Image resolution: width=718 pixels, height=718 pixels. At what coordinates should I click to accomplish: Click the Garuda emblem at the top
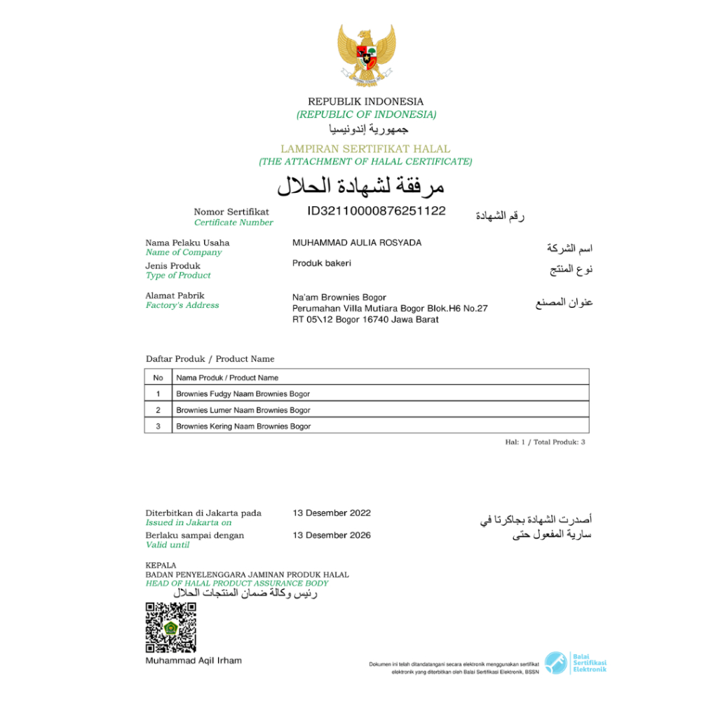pyautogui.click(x=366, y=54)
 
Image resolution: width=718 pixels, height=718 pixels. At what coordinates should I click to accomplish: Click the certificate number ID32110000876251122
pyautogui.click(x=377, y=210)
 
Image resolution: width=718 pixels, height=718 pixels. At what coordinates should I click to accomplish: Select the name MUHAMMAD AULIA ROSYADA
pyautogui.click(x=357, y=243)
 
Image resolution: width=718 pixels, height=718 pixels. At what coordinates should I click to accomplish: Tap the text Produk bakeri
pyautogui.click(x=321, y=263)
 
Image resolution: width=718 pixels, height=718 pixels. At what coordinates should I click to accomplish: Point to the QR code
pyautogui.click(x=170, y=627)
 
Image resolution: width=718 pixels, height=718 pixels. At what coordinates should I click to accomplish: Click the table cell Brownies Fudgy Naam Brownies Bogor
pyautogui.click(x=243, y=394)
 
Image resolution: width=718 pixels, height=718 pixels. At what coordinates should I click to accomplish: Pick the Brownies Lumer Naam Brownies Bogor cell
pyautogui.click(x=243, y=410)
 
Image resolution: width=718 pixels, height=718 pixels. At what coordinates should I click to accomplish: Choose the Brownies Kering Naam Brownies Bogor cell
pyautogui.click(x=243, y=426)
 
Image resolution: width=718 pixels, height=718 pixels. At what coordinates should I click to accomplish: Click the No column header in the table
pyautogui.click(x=158, y=378)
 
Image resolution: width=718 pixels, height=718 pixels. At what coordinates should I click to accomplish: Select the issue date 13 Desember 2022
pyautogui.click(x=332, y=513)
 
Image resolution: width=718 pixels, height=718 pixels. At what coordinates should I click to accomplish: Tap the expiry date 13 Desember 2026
pyautogui.click(x=332, y=536)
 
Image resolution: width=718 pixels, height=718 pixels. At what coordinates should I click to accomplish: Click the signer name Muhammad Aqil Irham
pyautogui.click(x=194, y=661)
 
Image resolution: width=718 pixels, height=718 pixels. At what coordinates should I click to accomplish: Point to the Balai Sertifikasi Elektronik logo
pyautogui.click(x=576, y=663)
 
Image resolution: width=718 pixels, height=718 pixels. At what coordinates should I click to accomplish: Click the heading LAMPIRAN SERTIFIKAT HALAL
pyautogui.click(x=365, y=149)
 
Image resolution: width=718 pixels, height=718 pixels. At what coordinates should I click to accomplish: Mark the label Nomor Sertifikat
pyautogui.click(x=231, y=212)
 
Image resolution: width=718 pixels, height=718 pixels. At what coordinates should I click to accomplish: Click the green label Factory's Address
pyautogui.click(x=182, y=305)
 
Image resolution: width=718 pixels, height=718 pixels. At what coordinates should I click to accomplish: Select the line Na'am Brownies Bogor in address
pyautogui.click(x=339, y=297)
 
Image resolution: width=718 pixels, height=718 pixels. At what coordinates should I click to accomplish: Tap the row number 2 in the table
pyautogui.click(x=158, y=410)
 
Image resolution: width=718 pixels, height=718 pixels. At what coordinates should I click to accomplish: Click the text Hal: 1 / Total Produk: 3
pyautogui.click(x=545, y=442)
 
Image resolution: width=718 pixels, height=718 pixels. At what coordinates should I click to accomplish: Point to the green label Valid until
pyautogui.click(x=168, y=545)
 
